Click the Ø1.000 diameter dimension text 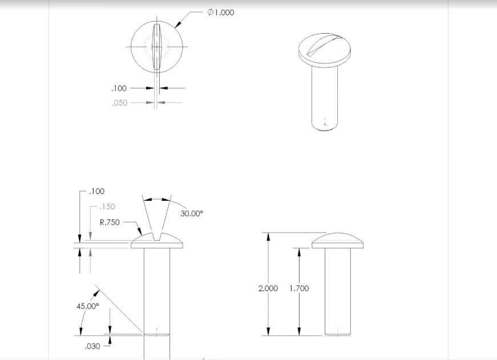(221, 13)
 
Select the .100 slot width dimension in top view (119, 88)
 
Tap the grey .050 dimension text (120, 103)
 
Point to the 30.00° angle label (192, 213)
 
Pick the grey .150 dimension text (107, 207)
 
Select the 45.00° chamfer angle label (88, 306)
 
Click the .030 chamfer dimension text (92, 346)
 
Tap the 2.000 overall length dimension (268, 289)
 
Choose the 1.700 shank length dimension (299, 289)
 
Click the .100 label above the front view (97, 192)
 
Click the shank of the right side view (337, 291)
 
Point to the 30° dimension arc (157, 199)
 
